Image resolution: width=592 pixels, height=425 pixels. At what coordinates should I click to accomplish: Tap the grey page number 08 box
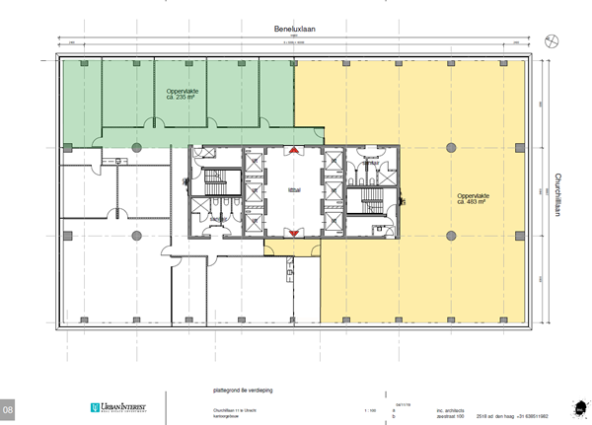click(9, 408)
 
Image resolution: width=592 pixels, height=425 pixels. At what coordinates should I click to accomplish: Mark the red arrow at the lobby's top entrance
click(292, 151)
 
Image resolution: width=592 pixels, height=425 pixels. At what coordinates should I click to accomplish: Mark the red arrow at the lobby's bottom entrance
click(292, 232)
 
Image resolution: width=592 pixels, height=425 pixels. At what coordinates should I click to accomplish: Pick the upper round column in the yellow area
click(451, 145)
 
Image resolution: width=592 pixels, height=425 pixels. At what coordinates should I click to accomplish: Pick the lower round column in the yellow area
click(451, 236)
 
